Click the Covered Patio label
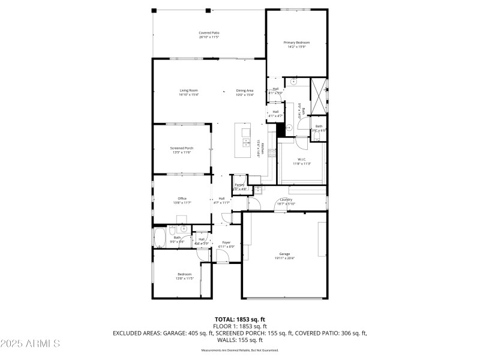click(209, 32)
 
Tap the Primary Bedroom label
click(297, 43)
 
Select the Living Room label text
click(188, 91)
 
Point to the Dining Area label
click(245, 91)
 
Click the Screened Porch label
click(181, 148)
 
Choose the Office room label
click(182, 199)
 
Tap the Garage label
click(284, 254)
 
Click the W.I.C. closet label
click(301, 159)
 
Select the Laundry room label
click(286, 199)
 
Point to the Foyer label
click(226, 242)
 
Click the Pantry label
click(239, 185)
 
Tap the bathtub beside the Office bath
click(160, 237)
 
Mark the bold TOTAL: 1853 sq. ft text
click(240, 319)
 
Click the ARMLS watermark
click(30, 344)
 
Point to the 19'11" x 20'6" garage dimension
click(284, 259)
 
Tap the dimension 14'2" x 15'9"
click(297, 47)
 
